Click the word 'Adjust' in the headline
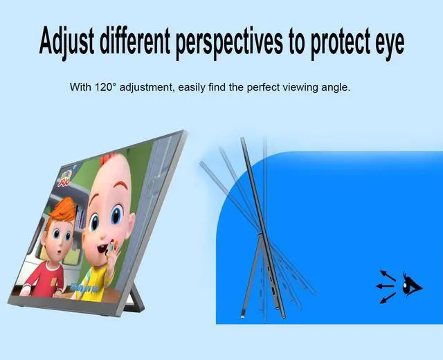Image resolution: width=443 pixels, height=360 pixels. click(67, 42)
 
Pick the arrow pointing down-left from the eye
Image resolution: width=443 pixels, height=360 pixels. click(387, 297)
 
